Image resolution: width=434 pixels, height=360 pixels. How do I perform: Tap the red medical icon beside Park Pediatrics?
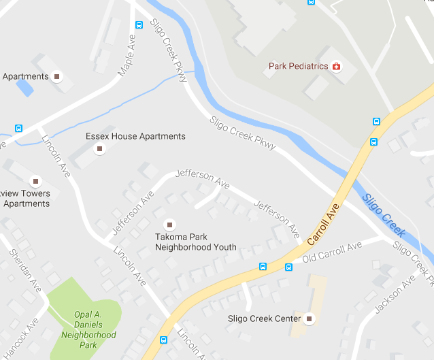coord(335,66)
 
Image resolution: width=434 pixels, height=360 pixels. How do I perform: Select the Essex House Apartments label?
coord(135,136)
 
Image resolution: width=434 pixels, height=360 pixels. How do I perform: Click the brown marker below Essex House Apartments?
coord(100,148)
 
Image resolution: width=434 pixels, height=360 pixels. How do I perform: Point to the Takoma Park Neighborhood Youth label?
coord(195,242)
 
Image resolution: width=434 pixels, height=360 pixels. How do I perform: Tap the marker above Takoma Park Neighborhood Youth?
coord(169,224)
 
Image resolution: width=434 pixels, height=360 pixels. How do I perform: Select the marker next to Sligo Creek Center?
coord(310,318)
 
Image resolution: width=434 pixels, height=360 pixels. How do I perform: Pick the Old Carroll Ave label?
coord(332,252)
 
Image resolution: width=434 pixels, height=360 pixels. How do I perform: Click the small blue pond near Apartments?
coord(24,87)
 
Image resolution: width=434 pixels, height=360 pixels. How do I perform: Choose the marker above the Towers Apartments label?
coord(35,181)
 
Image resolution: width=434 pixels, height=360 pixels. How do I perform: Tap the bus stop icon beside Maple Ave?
coord(139,25)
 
